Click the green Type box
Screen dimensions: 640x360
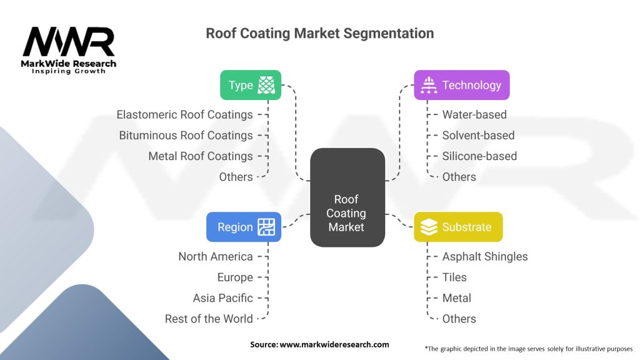pyautogui.click(x=251, y=85)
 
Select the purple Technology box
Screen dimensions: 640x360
pyautogui.click(x=462, y=85)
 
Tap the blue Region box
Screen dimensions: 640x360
pyautogui.click(x=244, y=227)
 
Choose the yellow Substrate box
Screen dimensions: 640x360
pyautogui.click(x=458, y=227)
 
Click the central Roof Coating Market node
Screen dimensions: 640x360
pyautogui.click(x=347, y=197)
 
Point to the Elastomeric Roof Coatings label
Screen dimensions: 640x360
pyautogui.click(x=184, y=115)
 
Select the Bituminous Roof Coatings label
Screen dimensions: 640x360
pyautogui.click(x=186, y=136)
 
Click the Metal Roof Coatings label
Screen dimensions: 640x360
pyautogui.click(x=201, y=156)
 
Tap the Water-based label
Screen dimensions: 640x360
pyautogui.click(x=474, y=115)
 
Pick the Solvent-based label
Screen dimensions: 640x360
pyautogui.click(x=478, y=136)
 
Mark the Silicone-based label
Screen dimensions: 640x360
pyautogui.click(x=479, y=156)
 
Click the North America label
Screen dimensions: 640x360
pyautogui.click(x=216, y=257)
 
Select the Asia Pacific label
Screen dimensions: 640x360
pyautogui.click(x=223, y=298)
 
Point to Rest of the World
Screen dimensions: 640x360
pyautogui.click(x=209, y=319)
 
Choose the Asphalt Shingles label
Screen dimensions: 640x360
pyautogui.click(x=485, y=257)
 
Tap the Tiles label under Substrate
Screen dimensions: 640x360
pyautogui.click(x=454, y=277)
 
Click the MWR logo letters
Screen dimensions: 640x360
pyautogui.click(x=69, y=42)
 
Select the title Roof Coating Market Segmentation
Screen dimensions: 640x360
pyautogui.click(x=319, y=34)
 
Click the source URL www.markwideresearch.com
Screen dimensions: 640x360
pyautogui.click(x=334, y=344)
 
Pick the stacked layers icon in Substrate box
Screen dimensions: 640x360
pyautogui.click(x=429, y=227)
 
